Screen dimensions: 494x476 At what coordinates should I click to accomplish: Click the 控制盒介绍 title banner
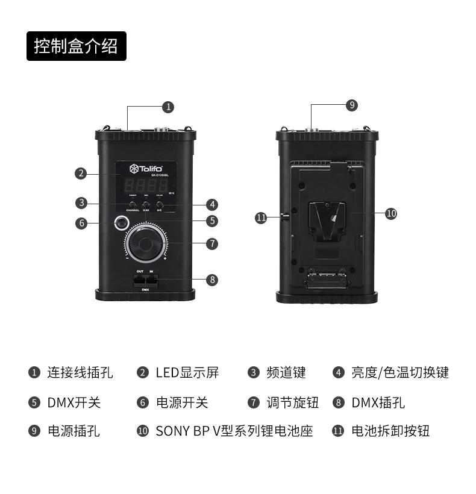click(x=76, y=46)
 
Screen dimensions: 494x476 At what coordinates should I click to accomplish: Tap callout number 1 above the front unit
click(x=168, y=107)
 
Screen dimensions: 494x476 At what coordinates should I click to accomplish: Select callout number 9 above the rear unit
click(x=352, y=105)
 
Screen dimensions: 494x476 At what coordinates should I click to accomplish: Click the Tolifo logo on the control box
click(x=143, y=168)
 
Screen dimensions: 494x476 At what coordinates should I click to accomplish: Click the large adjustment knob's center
click(x=146, y=243)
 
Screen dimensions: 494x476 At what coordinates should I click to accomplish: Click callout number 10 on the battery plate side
click(x=391, y=213)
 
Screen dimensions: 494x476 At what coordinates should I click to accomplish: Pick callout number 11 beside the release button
click(x=261, y=218)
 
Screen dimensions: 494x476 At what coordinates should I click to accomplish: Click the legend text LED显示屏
click(x=187, y=373)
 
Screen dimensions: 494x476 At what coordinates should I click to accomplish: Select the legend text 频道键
click(x=286, y=373)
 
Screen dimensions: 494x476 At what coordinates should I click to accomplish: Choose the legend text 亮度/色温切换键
click(x=400, y=373)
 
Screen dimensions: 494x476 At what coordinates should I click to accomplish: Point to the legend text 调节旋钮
click(x=292, y=402)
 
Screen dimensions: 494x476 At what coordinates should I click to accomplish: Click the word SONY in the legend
click(x=172, y=431)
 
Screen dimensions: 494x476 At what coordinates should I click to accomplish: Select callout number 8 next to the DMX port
click(x=211, y=280)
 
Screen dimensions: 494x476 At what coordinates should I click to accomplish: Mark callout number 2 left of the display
click(x=81, y=174)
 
